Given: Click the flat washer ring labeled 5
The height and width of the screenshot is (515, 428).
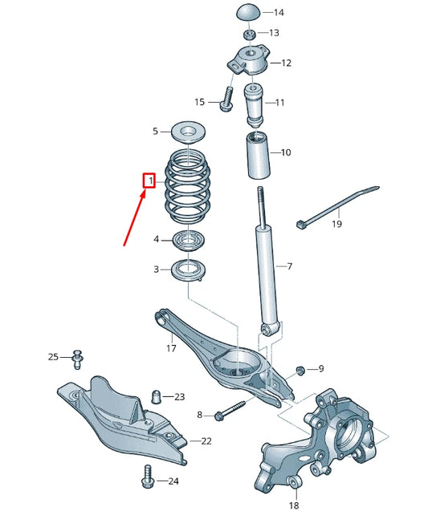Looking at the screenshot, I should [186, 130].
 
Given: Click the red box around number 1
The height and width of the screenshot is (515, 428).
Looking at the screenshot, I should [148, 181].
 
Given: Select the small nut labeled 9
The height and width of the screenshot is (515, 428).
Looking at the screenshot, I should [300, 369].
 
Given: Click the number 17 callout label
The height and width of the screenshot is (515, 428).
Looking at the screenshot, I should [171, 348].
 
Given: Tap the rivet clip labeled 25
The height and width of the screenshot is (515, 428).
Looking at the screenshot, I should [78, 357].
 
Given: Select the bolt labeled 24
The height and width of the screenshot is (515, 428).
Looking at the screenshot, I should [146, 476].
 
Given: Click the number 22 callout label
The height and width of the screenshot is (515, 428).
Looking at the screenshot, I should [206, 441].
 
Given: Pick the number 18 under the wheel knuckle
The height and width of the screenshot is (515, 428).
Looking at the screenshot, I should [293, 506].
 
